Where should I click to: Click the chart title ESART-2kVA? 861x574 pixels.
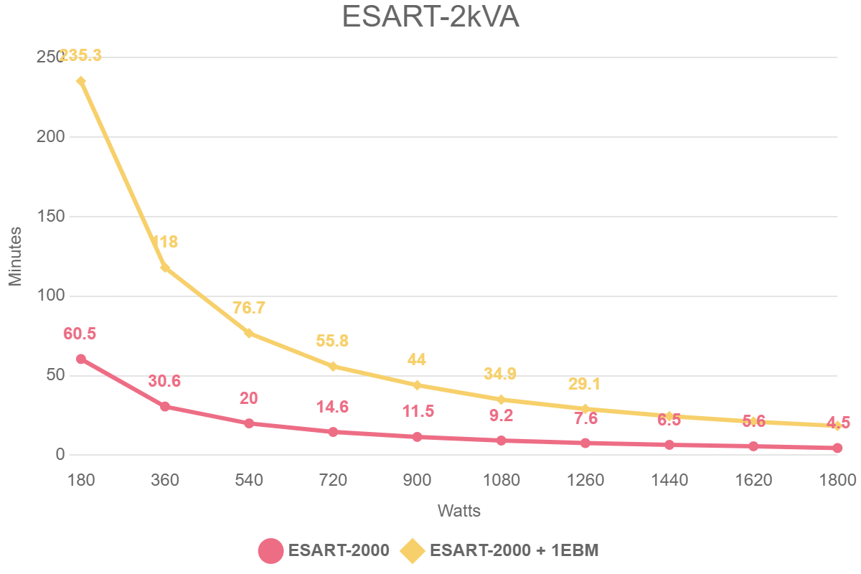coord(430,17)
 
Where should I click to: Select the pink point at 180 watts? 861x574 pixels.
coord(81,359)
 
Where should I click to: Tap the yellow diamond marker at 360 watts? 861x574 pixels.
coord(165,268)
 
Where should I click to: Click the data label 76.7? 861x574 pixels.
coord(249,308)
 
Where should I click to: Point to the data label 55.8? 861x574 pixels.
coord(333,341)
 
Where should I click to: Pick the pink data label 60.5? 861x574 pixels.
coord(80,334)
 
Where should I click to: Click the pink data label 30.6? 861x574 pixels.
coord(164,381)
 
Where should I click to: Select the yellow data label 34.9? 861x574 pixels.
coord(500,373)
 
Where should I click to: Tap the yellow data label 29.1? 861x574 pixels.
coord(584,384)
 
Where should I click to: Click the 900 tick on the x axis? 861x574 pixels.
coord(417,480)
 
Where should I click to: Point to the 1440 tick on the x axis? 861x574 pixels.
coord(669,480)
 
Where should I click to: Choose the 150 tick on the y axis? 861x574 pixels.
coord(50,216)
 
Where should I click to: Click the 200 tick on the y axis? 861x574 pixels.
coord(50,136)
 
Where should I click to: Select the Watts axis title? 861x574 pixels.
coord(459,511)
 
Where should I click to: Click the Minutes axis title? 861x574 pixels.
coord(16,256)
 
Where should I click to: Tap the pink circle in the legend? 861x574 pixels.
coord(270,551)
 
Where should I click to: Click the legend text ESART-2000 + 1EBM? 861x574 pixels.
coord(514,551)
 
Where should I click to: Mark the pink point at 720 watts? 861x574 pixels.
coord(333,432)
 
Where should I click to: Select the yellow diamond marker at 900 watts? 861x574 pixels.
coord(417,385)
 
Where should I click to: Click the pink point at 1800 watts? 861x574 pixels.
coord(837,448)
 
